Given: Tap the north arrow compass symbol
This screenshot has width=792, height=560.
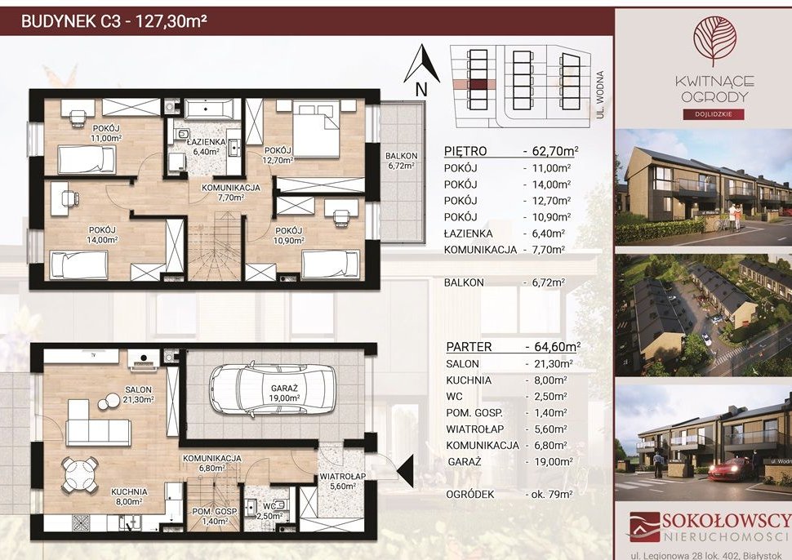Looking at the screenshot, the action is tap(422, 64).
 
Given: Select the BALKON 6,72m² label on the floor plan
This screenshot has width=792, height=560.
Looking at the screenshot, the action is tap(402, 160).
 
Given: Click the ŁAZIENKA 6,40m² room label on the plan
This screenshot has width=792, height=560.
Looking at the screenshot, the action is tap(205, 146).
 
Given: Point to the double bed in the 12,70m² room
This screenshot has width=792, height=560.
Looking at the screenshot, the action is tap(316, 129).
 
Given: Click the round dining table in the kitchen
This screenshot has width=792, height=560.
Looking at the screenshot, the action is tap(79, 474).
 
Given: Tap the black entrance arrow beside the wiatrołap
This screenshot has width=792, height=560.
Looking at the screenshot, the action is tap(405, 471).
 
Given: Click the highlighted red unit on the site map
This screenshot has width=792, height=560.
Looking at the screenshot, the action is tap(478, 85).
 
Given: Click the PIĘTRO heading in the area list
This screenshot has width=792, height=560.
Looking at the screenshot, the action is tap(465, 151).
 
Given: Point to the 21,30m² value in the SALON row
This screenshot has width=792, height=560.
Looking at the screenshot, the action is tap(550, 363).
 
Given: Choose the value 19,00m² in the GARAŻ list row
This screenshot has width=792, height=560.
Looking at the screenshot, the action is tap(550, 461).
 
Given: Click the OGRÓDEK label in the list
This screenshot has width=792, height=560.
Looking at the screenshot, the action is tap(470, 495).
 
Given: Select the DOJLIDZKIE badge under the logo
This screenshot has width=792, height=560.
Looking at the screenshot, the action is tap(714, 114).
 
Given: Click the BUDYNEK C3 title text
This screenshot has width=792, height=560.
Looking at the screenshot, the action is tap(71, 22).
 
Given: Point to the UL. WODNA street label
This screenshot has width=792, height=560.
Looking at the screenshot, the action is tap(600, 95).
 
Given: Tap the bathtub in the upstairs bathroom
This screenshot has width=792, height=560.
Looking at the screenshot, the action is tap(209, 108).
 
